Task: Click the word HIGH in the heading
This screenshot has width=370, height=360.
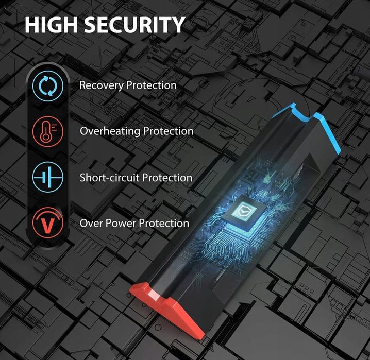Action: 51,25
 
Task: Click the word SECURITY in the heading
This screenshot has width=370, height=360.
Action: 134,25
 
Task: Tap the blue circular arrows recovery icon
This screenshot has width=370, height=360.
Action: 48,86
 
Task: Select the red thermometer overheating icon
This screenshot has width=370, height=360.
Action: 48,131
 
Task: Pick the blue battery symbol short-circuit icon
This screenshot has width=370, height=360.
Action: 48,177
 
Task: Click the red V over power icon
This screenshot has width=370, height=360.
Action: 48,222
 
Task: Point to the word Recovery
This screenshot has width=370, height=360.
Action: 102,85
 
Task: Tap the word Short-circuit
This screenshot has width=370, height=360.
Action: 109,178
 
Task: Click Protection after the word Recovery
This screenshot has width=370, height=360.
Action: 152,85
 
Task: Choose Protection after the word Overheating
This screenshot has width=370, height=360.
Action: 168,131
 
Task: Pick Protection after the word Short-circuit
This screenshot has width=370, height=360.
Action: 167,178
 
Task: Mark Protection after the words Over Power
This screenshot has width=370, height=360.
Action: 164,223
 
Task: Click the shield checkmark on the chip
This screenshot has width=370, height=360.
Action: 243,210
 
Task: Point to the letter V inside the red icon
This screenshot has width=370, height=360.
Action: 48,225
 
